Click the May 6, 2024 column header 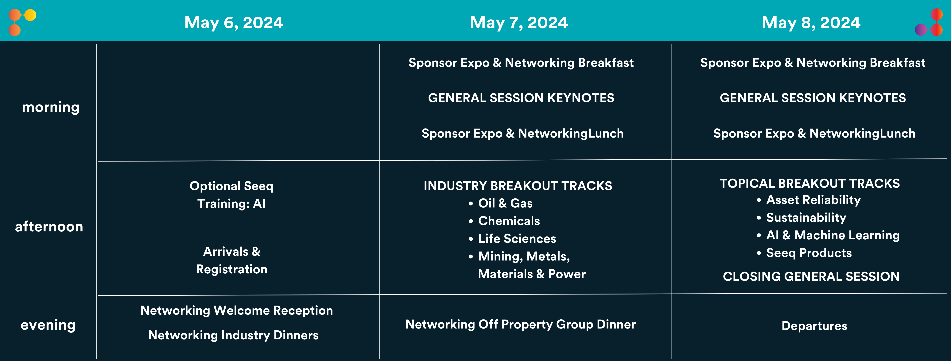[234, 22]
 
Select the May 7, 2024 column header [519, 22]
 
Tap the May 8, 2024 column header [811, 22]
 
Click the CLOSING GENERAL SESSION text [811, 277]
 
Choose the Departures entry [814, 326]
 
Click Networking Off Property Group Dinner [521, 325]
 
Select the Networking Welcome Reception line [237, 310]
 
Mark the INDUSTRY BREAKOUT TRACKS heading [518, 186]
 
